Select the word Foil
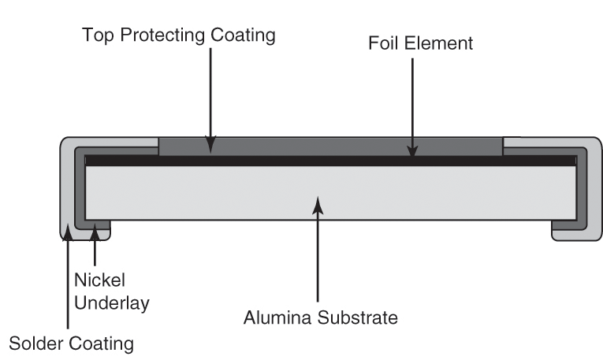tap(384, 43)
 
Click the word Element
tap(438, 43)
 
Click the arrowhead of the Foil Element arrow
tap(412, 150)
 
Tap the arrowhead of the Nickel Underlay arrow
tap(95, 230)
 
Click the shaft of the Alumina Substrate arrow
tap(317, 260)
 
